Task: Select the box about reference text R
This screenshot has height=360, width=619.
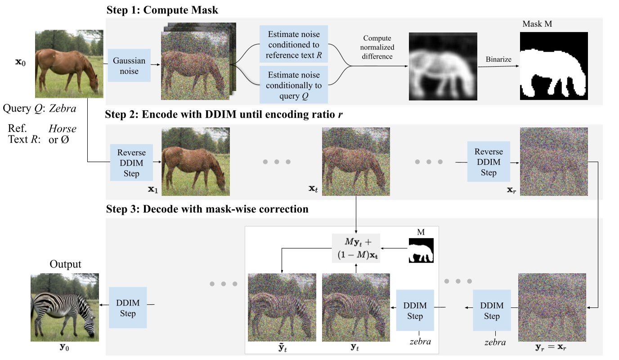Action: click(293, 45)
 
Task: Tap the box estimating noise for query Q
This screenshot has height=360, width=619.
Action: click(293, 84)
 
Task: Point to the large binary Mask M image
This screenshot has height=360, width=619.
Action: click(554, 66)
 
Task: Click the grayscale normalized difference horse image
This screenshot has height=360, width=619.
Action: click(442, 66)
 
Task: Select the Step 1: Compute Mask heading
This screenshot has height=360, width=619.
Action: click(162, 10)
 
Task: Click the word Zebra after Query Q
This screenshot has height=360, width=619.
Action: click(63, 108)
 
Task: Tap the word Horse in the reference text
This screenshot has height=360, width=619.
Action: click(62, 129)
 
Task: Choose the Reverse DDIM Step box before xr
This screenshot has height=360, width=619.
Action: click(489, 162)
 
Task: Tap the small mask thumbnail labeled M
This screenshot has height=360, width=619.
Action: click(421, 251)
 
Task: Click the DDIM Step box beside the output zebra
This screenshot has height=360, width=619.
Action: click(128, 307)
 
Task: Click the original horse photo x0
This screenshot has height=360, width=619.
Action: click(69, 63)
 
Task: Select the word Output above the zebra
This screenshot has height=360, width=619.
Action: click(66, 264)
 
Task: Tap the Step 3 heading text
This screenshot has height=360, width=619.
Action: click(207, 209)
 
